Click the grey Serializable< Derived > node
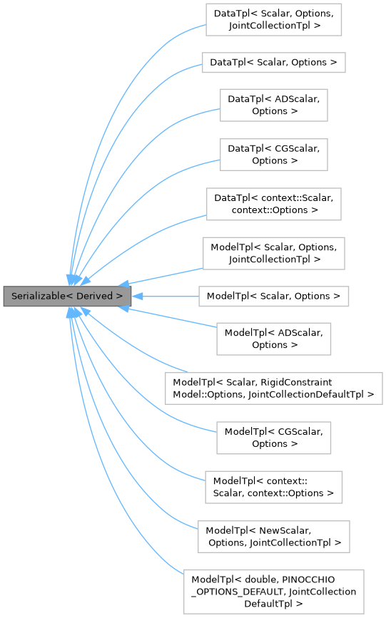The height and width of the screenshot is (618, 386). [67, 296]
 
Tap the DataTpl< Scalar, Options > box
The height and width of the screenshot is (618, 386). [274, 62]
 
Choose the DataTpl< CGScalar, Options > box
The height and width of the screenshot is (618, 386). [274, 154]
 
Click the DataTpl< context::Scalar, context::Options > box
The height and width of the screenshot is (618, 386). [274, 204]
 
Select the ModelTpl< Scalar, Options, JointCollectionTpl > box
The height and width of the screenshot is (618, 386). [274, 253]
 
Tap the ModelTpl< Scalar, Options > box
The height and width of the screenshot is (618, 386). [274, 296]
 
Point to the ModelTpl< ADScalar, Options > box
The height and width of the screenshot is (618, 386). [274, 338]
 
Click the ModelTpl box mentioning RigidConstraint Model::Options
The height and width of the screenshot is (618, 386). [274, 388]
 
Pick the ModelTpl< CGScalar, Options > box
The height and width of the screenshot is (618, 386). [274, 437]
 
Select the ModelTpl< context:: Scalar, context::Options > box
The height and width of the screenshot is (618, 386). [274, 487]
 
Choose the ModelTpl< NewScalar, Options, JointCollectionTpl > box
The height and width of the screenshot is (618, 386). [274, 536]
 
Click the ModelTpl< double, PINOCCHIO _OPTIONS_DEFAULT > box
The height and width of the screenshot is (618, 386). [274, 591]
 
